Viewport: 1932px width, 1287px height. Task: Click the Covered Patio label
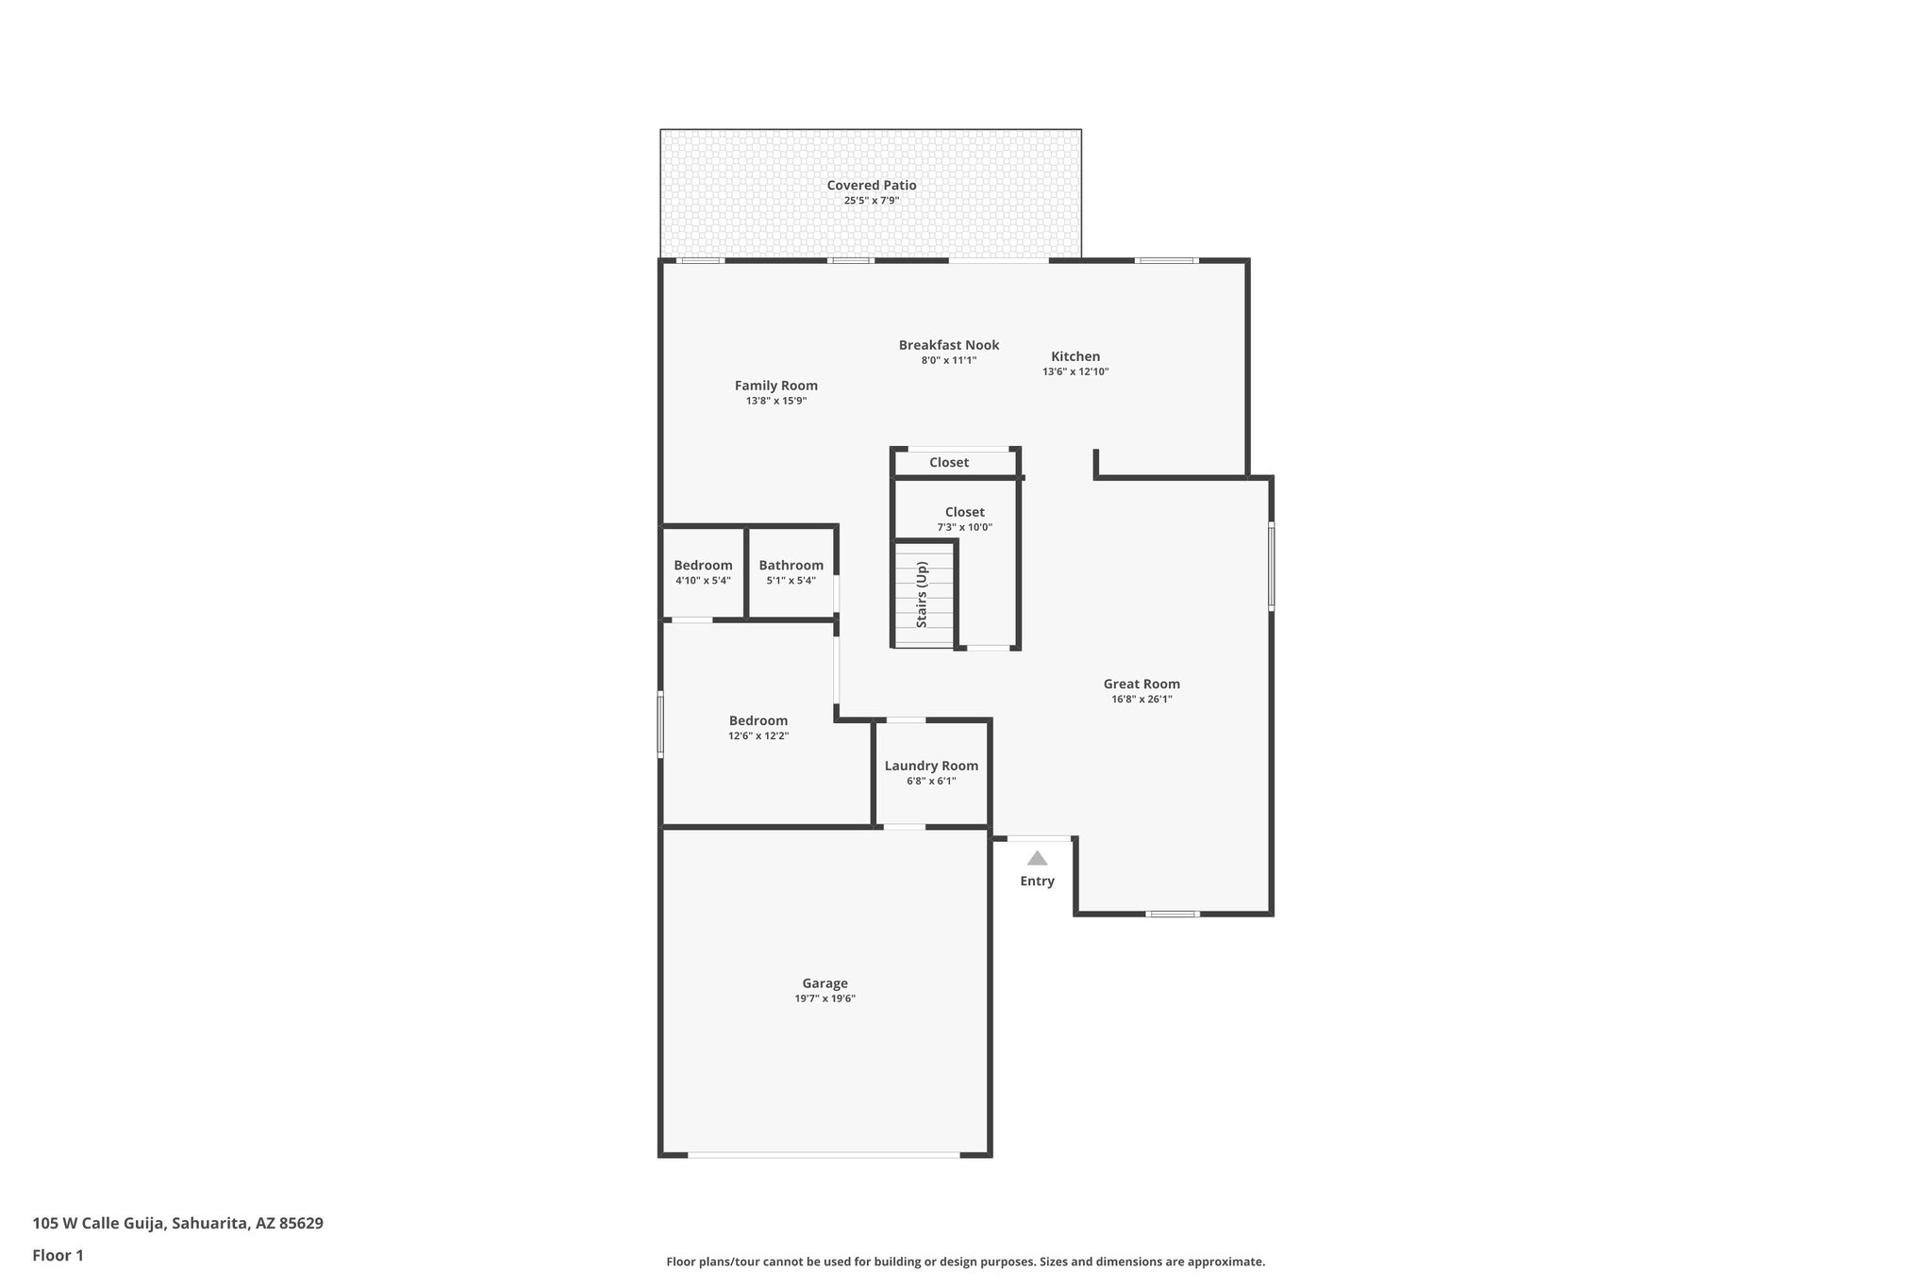click(x=871, y=186)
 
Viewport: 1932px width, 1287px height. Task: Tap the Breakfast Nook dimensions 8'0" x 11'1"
click(x=948, y=360)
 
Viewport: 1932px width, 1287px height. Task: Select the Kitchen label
click(x=1075, y=356)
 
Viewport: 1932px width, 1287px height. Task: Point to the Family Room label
click(x=775, y=386)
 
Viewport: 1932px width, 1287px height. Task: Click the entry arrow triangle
click(x=1037, y=858)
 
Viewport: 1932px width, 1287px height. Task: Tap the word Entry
click(x=1037, y=881)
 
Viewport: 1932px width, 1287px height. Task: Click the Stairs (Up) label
click(x=923, y=595)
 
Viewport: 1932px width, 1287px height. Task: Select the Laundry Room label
click(x=931, y=766)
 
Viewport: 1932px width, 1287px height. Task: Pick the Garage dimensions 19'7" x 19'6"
click(x=824, y=998)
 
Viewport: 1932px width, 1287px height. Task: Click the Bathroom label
click(x=791, y=566)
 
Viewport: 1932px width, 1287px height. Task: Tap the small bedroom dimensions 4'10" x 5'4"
click(x=703, y=581)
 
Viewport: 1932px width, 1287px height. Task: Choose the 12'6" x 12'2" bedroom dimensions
click(x=758, y=736)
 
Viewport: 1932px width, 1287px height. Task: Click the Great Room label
click(x=1141, y=685)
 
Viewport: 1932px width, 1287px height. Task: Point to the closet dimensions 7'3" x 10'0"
click(x=964, y=528)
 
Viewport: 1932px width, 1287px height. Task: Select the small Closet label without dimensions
click(x=948, y=462)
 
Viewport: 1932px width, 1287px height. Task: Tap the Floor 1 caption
click(x=58, y=1256)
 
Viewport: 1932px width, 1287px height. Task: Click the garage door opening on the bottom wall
click(x=824, y=1154)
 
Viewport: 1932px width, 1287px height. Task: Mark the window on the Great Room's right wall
click(x=1271, y=567)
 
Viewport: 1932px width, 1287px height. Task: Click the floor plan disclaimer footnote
click(x=965, y=1262)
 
